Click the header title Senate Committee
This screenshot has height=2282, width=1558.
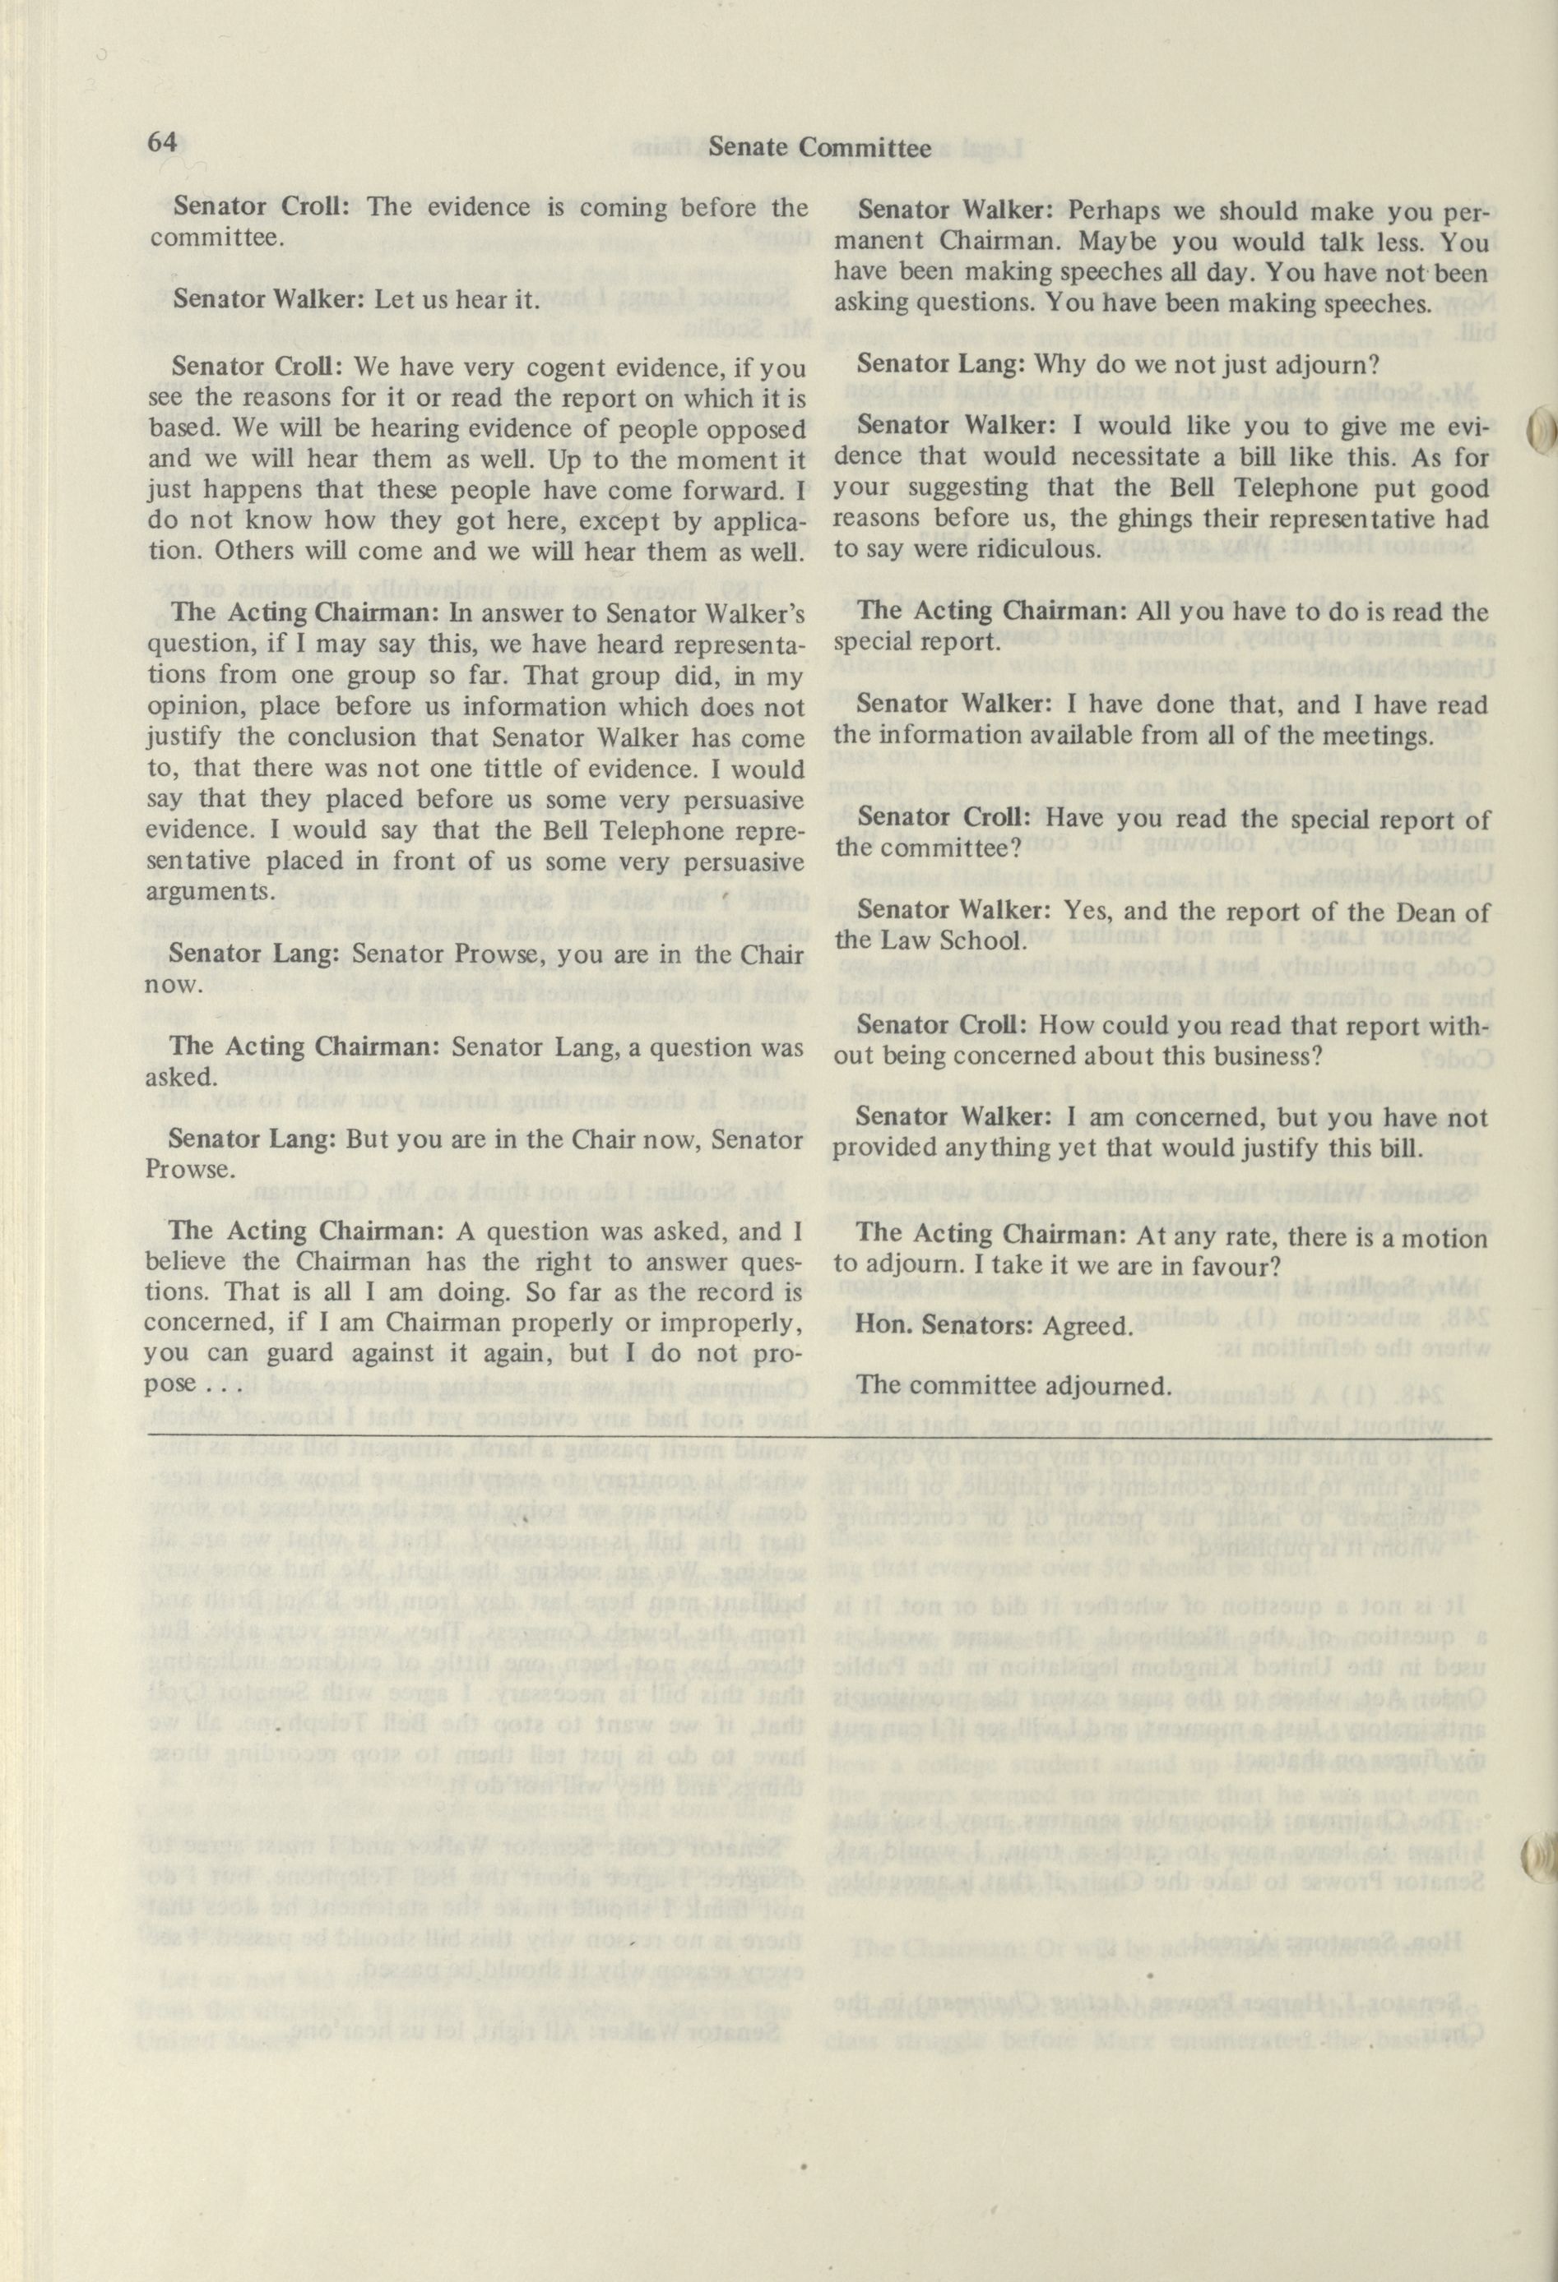(x=819, y=147)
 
